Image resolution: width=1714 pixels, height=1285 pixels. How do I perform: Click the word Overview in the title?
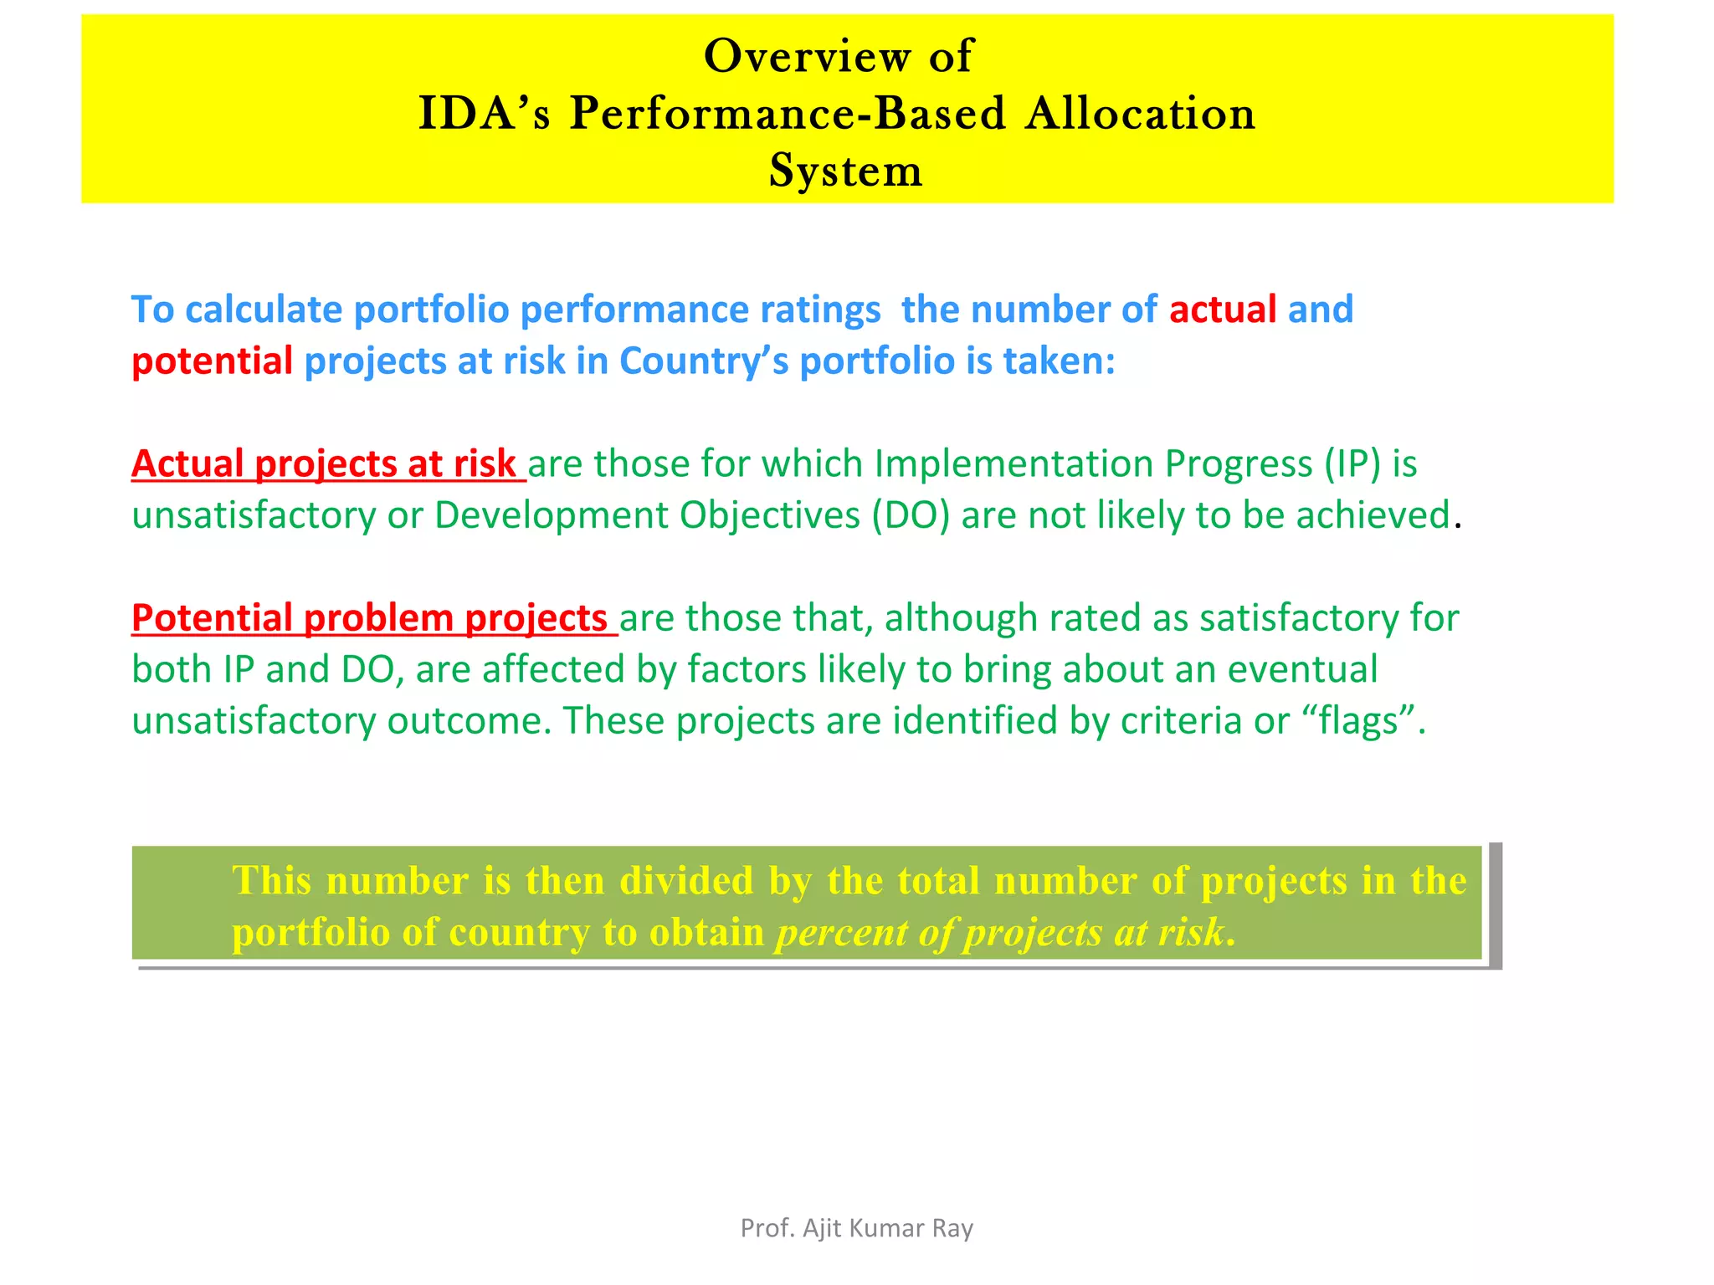pos(807,57)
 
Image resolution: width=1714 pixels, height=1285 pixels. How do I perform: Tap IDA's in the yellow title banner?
pos(485,114)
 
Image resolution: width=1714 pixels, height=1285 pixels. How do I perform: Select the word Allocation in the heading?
pos(1141,114)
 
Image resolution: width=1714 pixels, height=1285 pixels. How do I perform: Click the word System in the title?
pos(845,171)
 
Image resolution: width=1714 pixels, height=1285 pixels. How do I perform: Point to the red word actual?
pos(1222,310)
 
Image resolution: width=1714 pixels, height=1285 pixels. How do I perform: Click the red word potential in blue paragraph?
pos(212,361)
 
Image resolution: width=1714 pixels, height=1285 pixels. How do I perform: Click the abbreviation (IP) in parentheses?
pos(1352,464)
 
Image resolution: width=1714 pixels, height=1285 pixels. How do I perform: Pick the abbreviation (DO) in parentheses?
pos(911,516)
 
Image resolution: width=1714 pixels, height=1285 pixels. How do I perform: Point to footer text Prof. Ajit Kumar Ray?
pos(856,1228)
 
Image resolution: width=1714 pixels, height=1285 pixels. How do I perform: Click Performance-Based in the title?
pos(787,114)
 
